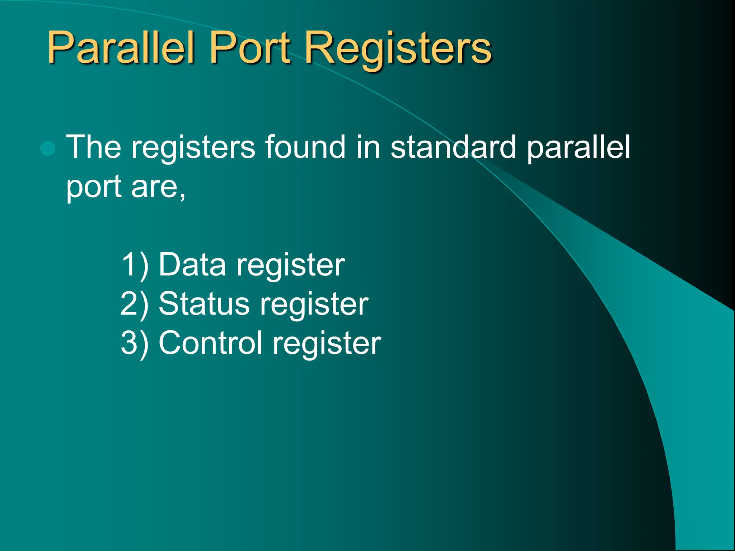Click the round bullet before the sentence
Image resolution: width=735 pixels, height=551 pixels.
pyautogui.click(x=48, y=148)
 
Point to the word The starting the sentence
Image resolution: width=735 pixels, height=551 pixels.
pyautogui.click(x=94, y=147)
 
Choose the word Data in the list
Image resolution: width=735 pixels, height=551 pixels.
pyautogui.click(x=192, y=265)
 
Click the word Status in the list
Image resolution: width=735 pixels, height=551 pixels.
pyautogui.click(x=204, y=304)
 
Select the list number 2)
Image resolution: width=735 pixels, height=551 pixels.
pyautogui.click(x=135, y=305)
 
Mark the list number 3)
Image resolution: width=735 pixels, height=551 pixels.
pyautogui.click(x=135, y=344)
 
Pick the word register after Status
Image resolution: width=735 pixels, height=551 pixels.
pyautogui.click(x=314, y=305)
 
